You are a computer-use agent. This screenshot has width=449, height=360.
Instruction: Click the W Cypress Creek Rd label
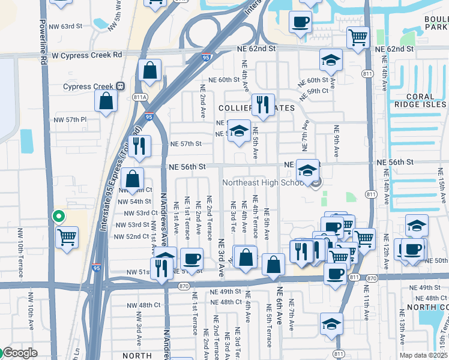click(86, 55)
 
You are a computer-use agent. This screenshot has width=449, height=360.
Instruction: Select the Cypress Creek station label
click(88, 86)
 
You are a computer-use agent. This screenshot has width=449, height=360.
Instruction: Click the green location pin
click(58, 217)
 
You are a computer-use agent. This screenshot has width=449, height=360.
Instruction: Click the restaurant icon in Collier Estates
click(262, 105)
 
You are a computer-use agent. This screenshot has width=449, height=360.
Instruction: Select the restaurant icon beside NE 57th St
click(139, 146)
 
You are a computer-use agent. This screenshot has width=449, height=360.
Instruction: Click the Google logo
click(19, 353)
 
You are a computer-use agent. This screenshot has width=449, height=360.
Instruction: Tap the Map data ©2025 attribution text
click(423, 355)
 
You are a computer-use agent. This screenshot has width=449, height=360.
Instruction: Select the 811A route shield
click(140, 97)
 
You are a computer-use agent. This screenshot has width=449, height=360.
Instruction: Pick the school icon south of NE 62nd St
click(330, 60)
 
